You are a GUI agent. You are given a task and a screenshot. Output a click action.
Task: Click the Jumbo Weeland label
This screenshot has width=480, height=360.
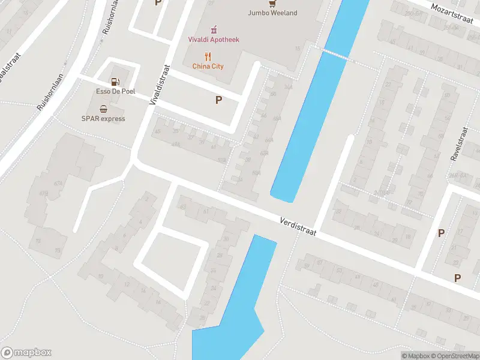coord(273,13)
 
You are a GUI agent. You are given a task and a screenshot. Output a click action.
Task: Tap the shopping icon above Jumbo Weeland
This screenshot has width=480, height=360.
coord(273,3)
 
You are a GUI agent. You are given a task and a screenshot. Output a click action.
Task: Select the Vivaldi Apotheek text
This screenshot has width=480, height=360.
coord(214,40)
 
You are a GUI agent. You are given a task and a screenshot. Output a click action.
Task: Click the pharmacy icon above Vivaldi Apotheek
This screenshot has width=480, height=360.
coord(214,29)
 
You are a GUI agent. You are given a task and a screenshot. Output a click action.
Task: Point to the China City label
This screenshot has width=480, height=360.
coord(208,66)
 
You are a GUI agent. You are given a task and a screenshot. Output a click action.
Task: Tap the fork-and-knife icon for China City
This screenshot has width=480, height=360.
coord(208,56)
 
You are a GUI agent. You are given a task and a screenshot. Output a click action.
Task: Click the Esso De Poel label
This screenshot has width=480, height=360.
coord(115,91)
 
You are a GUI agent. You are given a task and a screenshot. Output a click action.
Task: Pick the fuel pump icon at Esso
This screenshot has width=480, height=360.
coord(115,81)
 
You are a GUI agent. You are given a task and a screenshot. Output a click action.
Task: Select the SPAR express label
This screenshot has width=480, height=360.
coord(103,118)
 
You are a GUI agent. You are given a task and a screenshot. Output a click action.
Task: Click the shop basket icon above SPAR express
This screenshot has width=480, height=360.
coord(103,109)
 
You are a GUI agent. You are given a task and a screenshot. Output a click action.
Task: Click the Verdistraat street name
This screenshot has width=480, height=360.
coord(298,226)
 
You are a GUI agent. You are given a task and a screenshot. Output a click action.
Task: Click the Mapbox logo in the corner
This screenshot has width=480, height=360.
coord(26,353)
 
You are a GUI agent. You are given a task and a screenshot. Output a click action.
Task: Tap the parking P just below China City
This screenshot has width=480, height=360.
coord(219,100)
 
